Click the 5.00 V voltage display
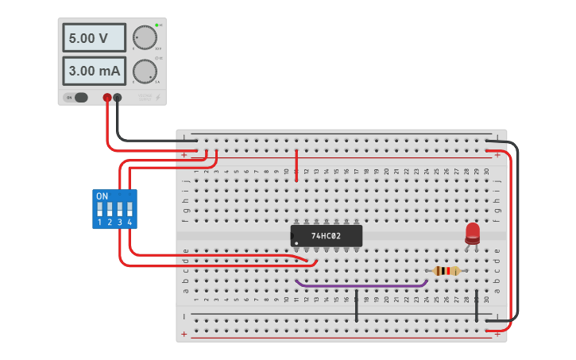94,38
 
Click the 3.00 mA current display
94,71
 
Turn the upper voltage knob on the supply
144,38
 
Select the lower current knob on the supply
144,71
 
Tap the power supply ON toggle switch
80,98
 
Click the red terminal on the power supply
107,98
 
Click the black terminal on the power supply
118,98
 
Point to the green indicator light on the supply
157,25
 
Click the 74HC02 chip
326,235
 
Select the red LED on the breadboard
473,232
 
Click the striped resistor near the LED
447,271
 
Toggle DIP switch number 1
99,210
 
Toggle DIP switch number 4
129,210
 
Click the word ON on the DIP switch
102,195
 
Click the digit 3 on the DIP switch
119,223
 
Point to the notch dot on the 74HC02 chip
296,243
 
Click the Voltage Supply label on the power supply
145,97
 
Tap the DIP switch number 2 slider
110,210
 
